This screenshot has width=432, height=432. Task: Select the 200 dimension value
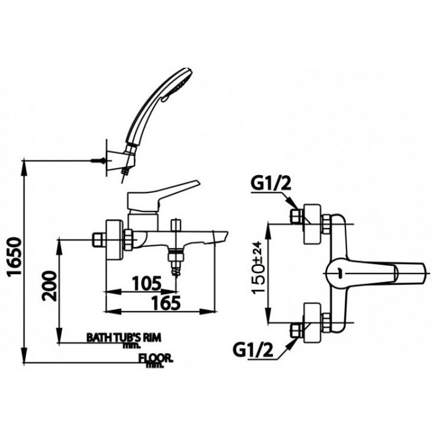click(50, 286)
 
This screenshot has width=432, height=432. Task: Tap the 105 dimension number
click(147, 283)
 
